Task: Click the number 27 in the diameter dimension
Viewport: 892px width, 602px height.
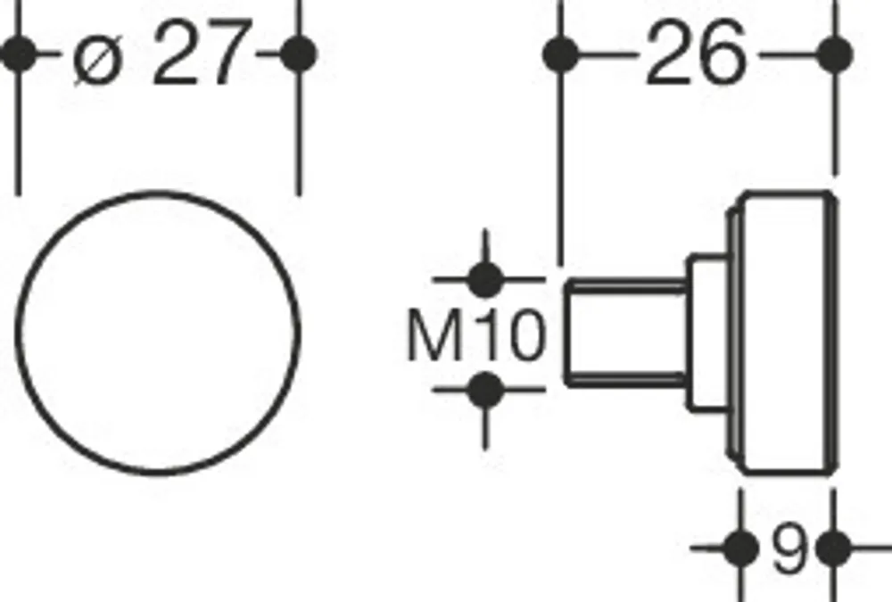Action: (202, 53)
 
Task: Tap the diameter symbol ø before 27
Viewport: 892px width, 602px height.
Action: (98, 59)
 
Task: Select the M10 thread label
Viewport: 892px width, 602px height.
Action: (476, 334)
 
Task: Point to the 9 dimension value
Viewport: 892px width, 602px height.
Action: (790, 548)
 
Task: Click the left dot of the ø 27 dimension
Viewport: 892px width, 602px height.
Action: (19, 54)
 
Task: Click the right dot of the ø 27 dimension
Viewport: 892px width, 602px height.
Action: (299, 54)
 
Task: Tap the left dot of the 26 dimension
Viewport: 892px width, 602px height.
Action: (561, 54)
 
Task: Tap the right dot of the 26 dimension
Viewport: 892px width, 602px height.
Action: (835, 54)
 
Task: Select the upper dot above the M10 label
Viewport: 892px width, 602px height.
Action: (484, 279)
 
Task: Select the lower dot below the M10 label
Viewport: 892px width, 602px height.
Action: (484, 390)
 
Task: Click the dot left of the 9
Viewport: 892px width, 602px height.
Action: (740, 548)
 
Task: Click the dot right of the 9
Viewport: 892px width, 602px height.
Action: (833, 548)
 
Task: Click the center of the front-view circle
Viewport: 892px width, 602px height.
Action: (158, 334)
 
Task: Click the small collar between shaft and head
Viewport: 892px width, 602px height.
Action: (707, 334)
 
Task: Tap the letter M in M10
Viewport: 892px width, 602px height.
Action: (435, 335)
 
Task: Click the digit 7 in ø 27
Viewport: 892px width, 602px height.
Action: (228, 53)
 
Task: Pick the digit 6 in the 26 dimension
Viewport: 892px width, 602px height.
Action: (723, 53)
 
